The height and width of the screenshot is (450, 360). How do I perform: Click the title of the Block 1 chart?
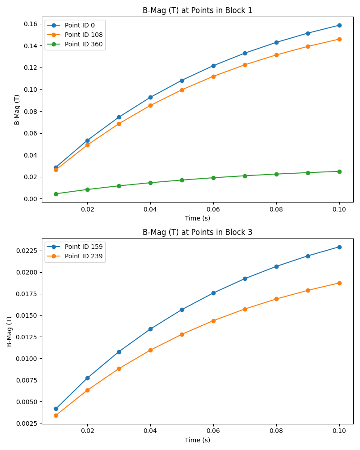coord(198,10)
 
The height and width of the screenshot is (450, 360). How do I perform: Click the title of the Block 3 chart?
coord(198,232)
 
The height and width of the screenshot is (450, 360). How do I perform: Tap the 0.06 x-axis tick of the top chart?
coord(213,209)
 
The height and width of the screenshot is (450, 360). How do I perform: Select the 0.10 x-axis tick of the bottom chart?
coord(339,431)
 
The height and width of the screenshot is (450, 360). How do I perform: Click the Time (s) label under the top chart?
coord(198,218)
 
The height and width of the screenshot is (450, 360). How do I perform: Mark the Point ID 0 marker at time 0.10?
coord(339,25)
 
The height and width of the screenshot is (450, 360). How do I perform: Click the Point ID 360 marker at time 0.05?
coord(182,180)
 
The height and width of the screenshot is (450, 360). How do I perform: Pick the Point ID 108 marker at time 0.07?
coord(245,65)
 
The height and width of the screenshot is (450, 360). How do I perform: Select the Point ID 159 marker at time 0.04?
coord(150,329)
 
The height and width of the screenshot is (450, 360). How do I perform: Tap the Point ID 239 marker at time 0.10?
coord(339,283)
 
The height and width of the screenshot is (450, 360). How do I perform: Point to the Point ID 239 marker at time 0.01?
coord(56,415)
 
